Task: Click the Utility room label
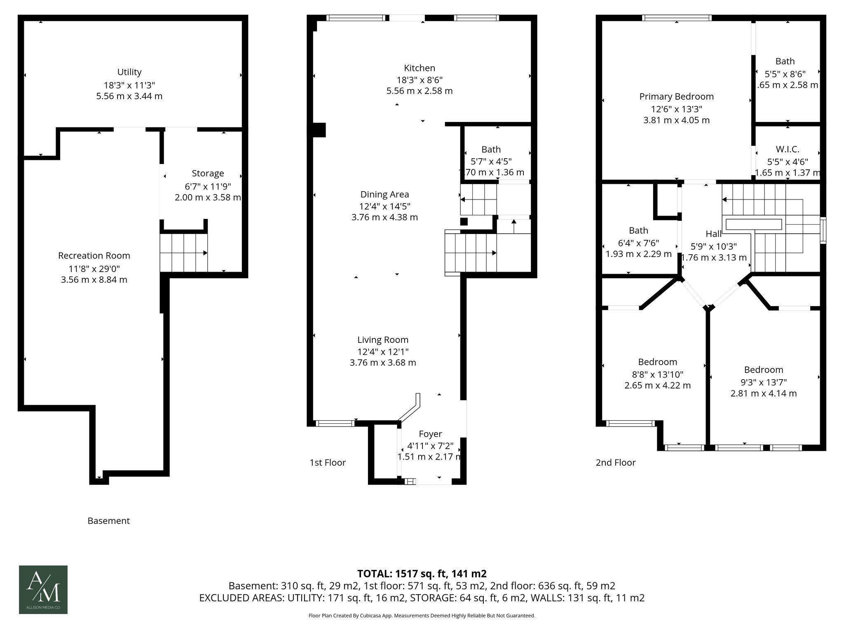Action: [129, 72]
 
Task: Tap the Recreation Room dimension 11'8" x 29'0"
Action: [94, 269]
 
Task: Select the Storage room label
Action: [208, 173]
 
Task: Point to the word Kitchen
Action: [419, 68]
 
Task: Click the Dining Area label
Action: [384, 195]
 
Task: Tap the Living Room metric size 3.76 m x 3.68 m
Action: [382, 363]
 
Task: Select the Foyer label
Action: [430, 434]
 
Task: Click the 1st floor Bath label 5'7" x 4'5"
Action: [491, 161]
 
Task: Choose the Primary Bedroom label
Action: [676, 96]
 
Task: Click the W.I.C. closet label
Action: [787, 150]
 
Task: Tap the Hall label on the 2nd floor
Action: [713, 234]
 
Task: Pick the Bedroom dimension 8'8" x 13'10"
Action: [657, 375]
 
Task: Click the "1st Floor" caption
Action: [327, 462]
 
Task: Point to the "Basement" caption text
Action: [108, 521]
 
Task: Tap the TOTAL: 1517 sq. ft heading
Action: [422, 574]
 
